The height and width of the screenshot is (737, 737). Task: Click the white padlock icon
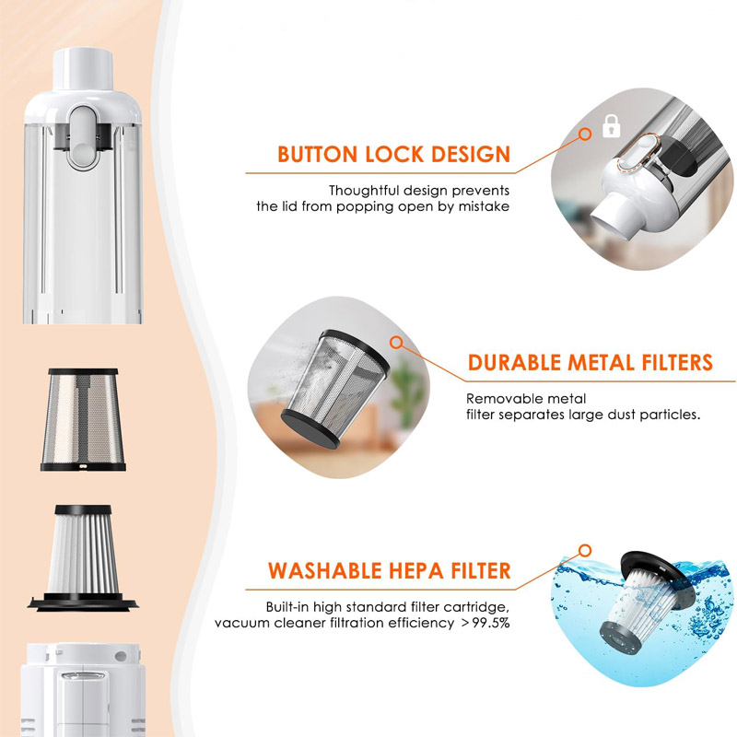[x=609, y=128]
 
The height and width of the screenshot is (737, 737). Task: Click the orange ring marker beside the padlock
[x=584, y=135]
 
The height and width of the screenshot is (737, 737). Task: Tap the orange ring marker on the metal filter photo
[x=397, y=343]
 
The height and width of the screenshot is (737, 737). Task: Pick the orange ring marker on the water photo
[x=584, y=551]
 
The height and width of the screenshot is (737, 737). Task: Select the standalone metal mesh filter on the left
[x=82, y=420]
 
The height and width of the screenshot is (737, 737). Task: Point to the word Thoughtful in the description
[x=368, y=190]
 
